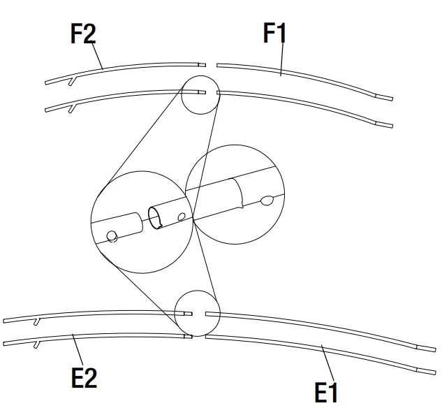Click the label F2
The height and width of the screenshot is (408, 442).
83,34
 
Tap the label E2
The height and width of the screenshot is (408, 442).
84,377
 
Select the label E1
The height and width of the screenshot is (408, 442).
326,392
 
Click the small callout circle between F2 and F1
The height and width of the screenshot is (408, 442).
200,94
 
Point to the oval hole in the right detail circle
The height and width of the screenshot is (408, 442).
267,201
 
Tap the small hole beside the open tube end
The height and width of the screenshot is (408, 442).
182,217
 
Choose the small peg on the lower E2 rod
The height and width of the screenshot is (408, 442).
37,344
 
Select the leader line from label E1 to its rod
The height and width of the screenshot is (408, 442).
323,363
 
